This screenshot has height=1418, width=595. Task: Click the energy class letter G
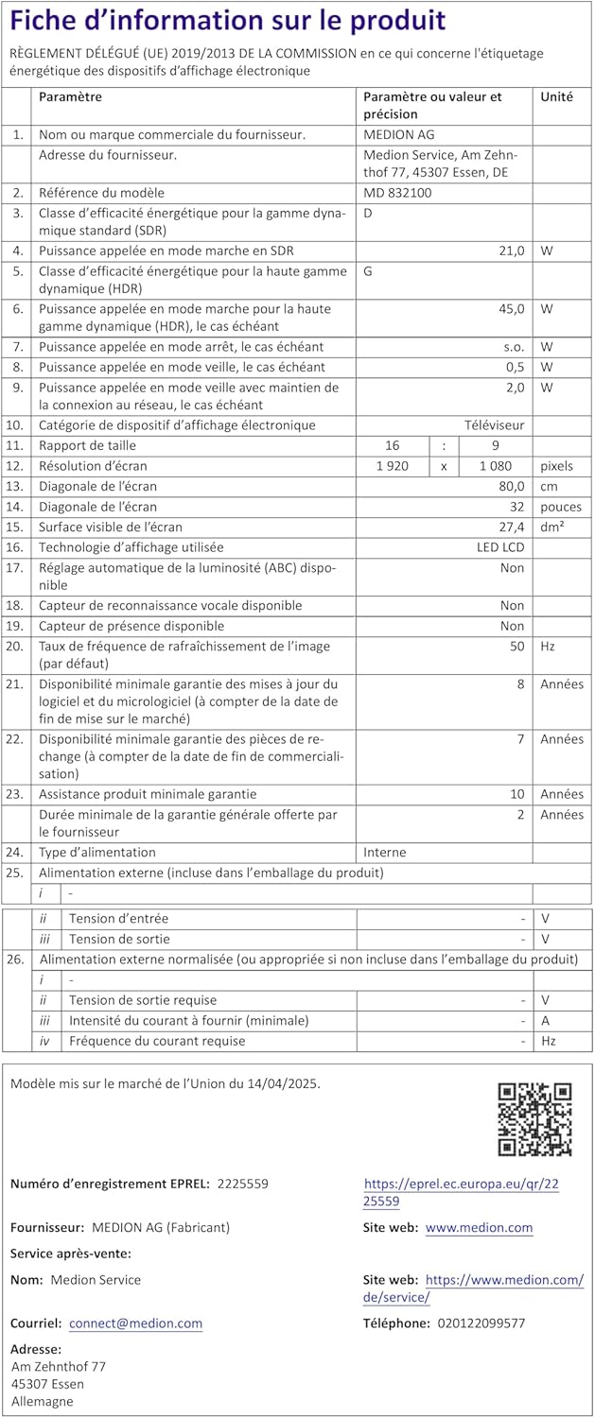click(x=369, y=272)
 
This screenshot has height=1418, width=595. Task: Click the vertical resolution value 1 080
click(x=496, y=466)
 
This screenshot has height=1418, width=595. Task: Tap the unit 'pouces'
click(x=561, y=507)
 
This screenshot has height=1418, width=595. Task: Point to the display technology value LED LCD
click(x=499, y=547)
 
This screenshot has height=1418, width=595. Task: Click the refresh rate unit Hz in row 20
click(x=548, y=647)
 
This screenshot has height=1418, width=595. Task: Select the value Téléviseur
click(x=494, y=425)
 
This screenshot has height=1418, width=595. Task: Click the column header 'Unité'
click(x=556, y=96)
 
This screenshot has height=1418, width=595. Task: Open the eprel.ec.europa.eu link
click(x=461, y=1193)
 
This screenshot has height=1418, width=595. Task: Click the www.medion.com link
click(x=479, y=1228)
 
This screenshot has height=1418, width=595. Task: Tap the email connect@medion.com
click(x=135, y=1323)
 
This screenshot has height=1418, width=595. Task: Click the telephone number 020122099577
click(x=481, y=1323)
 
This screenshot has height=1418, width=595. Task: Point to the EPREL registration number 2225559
click(x=243, y=1184)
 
